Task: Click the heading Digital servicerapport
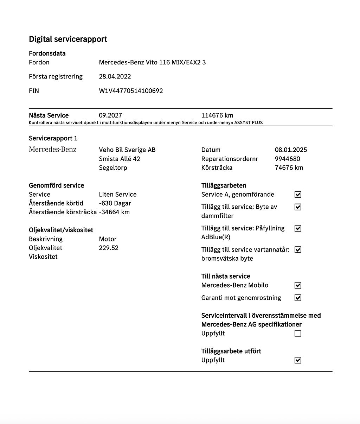(68, 39)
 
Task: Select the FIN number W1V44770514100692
(131, 91)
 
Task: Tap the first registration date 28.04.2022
(115, 76)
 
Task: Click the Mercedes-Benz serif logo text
(52, 150)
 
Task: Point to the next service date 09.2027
(110, 115)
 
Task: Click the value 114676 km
(217, 115)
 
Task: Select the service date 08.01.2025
(291, 150)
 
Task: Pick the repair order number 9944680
(287, 159)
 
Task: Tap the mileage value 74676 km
(289, 167)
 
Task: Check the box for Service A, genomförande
(298, 195)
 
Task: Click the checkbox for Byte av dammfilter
(298, 207)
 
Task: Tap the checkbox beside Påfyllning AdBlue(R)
(298, 228)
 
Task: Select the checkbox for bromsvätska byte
(298, 250)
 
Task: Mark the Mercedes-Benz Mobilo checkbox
(298, 285)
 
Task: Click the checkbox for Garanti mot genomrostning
(298, 298)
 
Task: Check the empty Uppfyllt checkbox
(298, 333)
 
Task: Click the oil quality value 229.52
(109, 248)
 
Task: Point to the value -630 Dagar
(115, 203)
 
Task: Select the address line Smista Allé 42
(119, 159)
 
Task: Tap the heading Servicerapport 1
(53, 138)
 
